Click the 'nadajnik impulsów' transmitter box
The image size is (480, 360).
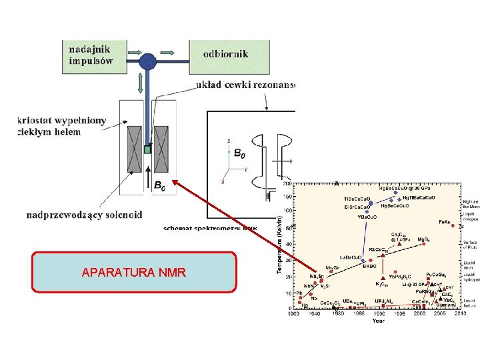[x=93, y=54]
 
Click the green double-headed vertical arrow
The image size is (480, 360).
[x=140, y=85]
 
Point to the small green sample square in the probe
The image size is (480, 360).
[x=147, y=149]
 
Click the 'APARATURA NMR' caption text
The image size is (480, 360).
[x=134, y=272]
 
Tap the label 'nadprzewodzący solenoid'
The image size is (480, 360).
[x=85, y=215]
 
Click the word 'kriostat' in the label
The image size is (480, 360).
[x=37, y=120]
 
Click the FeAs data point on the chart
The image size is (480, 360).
[x=453, y=225]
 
